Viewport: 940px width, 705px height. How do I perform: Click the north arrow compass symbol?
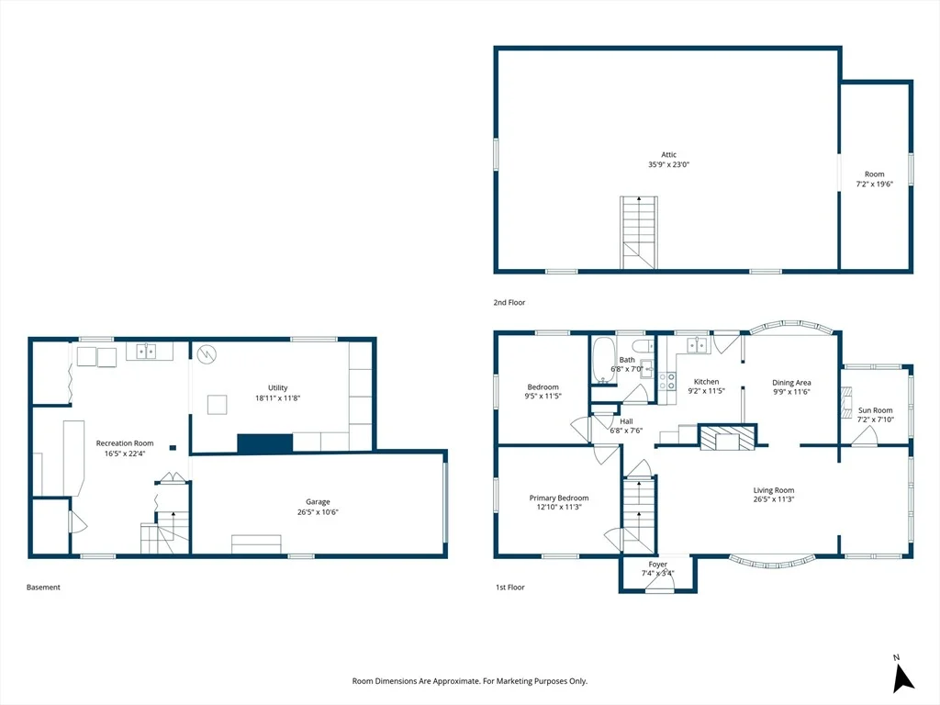(902, 677)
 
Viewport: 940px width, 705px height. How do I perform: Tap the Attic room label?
(668, 154)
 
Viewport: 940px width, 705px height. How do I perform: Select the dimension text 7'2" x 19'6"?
(874, 184)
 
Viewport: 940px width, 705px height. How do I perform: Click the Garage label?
(318, 502)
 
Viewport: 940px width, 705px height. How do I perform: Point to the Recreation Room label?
(125, 443)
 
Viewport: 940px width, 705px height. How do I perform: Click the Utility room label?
(277, 388)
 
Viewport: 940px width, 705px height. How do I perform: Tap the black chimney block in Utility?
(265, 443)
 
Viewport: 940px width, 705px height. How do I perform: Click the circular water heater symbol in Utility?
(207, 354)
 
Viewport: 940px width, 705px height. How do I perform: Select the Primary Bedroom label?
(559, 498)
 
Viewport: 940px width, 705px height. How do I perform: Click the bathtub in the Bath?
(603, 359)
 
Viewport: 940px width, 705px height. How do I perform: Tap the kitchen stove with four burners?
(667, 381)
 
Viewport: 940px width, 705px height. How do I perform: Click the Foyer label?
(657, 565)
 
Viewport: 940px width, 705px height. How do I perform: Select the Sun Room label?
(875, 410)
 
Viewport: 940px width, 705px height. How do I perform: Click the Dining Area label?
(791, 383)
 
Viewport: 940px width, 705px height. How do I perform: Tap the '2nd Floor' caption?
(509, 303)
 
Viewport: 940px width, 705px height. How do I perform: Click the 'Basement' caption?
(43, 587)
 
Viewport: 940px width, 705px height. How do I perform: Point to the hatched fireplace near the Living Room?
(728, 438)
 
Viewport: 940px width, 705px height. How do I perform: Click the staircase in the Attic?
(639, 232)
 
